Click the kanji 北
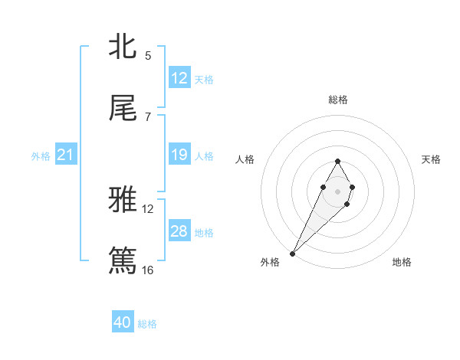(123, 46)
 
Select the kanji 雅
(123, 200)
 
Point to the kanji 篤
(123, 260)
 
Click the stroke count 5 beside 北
(147, 55)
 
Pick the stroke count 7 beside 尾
(147, 117)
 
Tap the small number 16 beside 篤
(147, 270)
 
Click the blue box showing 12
(179, 78)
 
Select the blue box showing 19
(179, 155)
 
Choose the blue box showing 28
(179, 231)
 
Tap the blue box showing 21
(66, 155)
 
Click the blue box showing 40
(123, 322)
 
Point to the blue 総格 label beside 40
(147, 324)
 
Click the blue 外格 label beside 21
(41, 156)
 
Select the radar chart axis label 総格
(337, 100)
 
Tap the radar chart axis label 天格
(431, 159)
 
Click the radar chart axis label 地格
(402, 262)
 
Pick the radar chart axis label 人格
(245, 159)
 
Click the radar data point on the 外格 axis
(293, 253)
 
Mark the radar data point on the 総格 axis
(337, 161)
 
